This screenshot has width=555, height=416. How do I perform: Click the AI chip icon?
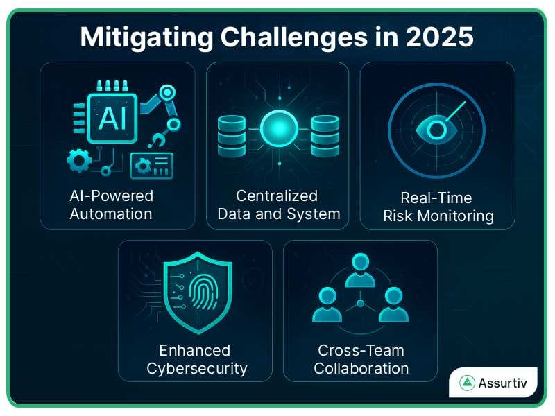(112, 119)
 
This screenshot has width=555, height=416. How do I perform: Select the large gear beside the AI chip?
(78, 161)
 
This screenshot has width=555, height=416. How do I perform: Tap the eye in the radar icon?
(437, 128)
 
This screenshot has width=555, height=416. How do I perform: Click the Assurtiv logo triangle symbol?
(468, 383)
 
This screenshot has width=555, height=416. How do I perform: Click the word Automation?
(111, 214)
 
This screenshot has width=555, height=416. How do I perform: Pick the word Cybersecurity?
(197, 368)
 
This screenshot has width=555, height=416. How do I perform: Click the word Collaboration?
(361, 368)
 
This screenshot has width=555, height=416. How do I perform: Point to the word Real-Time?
(437, 198)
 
